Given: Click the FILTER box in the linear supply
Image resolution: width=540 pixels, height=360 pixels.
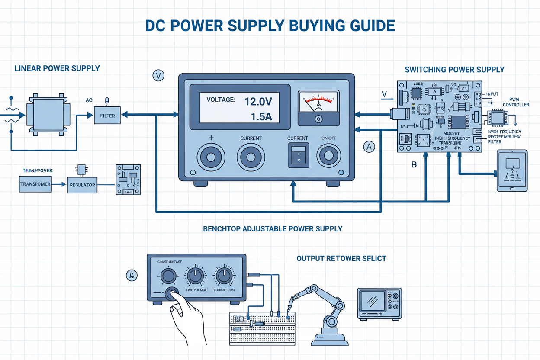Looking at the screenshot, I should (x=107, y=116).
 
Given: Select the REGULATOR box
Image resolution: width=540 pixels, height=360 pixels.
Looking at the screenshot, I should (x=82, y=185).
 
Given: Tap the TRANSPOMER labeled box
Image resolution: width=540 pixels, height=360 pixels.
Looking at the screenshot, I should (x=35, y=184).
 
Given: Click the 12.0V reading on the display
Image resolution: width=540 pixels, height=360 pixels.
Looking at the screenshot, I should (x=258, y=102).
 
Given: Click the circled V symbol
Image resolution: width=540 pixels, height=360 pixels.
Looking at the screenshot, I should (x=159, y=76).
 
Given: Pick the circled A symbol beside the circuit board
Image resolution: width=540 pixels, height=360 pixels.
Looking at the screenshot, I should (x=369, y=147).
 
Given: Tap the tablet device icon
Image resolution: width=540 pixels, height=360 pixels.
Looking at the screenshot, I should (x=512, y=171).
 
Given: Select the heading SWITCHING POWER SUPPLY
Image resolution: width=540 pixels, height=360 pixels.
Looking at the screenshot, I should (x=454, y=69).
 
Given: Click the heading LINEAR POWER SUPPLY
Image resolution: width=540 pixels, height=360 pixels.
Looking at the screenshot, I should (x=57, y=68).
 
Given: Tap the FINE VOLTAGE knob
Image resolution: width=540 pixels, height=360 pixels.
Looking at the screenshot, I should (x=196, y=275).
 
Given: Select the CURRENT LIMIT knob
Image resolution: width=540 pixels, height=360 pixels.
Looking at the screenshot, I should (x=224, y=275).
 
